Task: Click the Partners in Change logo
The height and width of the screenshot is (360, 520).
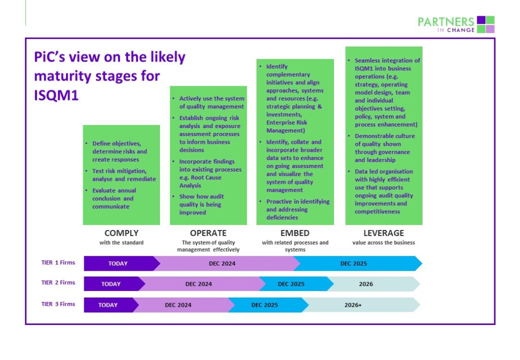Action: pyautogui.click(x=456, y=24)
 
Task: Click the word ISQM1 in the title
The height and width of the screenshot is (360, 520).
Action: pyautogui.click(x=56, y=95)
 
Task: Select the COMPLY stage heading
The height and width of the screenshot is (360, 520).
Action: pyautogui.click(x=121, y=233)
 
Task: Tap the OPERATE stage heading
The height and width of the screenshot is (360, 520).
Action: pyautogui.click(x=208, y=233)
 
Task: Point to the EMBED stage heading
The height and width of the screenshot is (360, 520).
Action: pyautogui.click(x=295, y=233)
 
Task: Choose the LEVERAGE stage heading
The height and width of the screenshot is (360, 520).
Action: pyautogui.click(x=384, y=233)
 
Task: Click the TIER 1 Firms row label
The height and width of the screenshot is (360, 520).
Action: pyautogui.click(x=58, y=263)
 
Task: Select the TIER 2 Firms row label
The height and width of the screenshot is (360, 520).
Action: pyautogui.click(x=58, y=282)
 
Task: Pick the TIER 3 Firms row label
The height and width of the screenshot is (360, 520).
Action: pyautogui.click(x=58, y=304)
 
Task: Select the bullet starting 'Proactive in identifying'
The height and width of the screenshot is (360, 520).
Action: pyautogui.click(x=295, y=209)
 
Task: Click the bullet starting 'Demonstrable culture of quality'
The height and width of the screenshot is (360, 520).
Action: pyautogui.click(x=381, y=148)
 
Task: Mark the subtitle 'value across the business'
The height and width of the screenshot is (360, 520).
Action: pyautogui.click(x=384, y=243)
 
